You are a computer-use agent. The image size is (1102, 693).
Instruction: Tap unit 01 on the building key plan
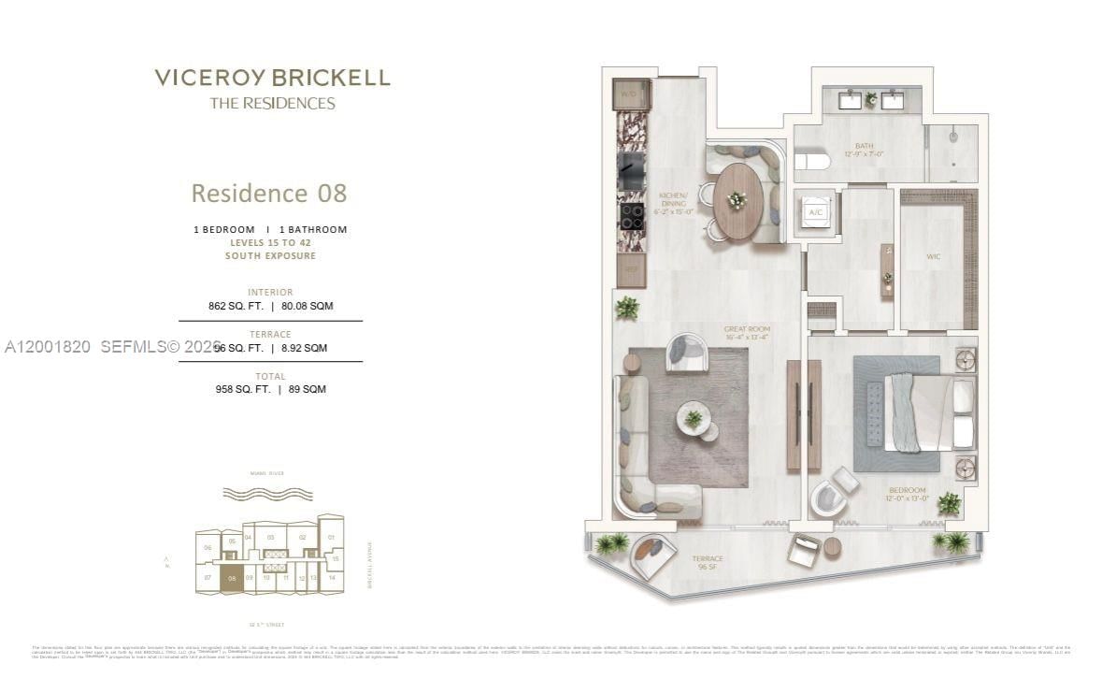coord(330,538)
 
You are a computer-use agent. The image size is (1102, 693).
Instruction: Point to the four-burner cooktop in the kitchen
coord(631,217)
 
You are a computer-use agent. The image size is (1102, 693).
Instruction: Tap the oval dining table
coord(738,201)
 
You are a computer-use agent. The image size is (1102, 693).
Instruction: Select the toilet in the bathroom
coord(811,161)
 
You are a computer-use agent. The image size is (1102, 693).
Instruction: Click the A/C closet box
coord(814,211)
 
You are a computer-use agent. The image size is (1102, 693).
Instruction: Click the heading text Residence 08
coord(268,194)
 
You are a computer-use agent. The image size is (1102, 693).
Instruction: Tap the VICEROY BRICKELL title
coord(272,78)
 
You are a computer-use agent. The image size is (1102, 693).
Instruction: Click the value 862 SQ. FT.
coord(236,306)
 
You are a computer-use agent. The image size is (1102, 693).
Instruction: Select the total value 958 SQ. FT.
coord(239,389)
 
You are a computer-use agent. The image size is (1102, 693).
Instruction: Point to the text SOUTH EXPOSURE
coord(270,255)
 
